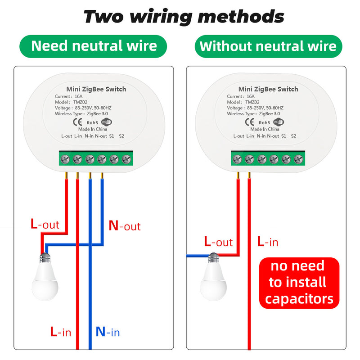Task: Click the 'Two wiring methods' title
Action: (184, 17)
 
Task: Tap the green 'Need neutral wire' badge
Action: (94, 46)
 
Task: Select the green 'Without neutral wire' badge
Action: (268, 46)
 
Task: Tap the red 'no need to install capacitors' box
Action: (299, 283)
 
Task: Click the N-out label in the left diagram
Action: (125, 225)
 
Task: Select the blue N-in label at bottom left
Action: (108, 333)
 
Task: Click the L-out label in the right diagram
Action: (218, 242)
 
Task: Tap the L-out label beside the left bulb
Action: (45, 224)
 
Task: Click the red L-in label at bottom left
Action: (60, 333)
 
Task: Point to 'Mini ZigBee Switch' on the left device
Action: (96, 89)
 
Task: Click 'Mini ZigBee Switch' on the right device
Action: (268, 89)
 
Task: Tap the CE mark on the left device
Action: (76, 121)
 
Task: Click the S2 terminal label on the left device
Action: (121, 135)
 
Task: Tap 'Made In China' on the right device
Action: (265, 129)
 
